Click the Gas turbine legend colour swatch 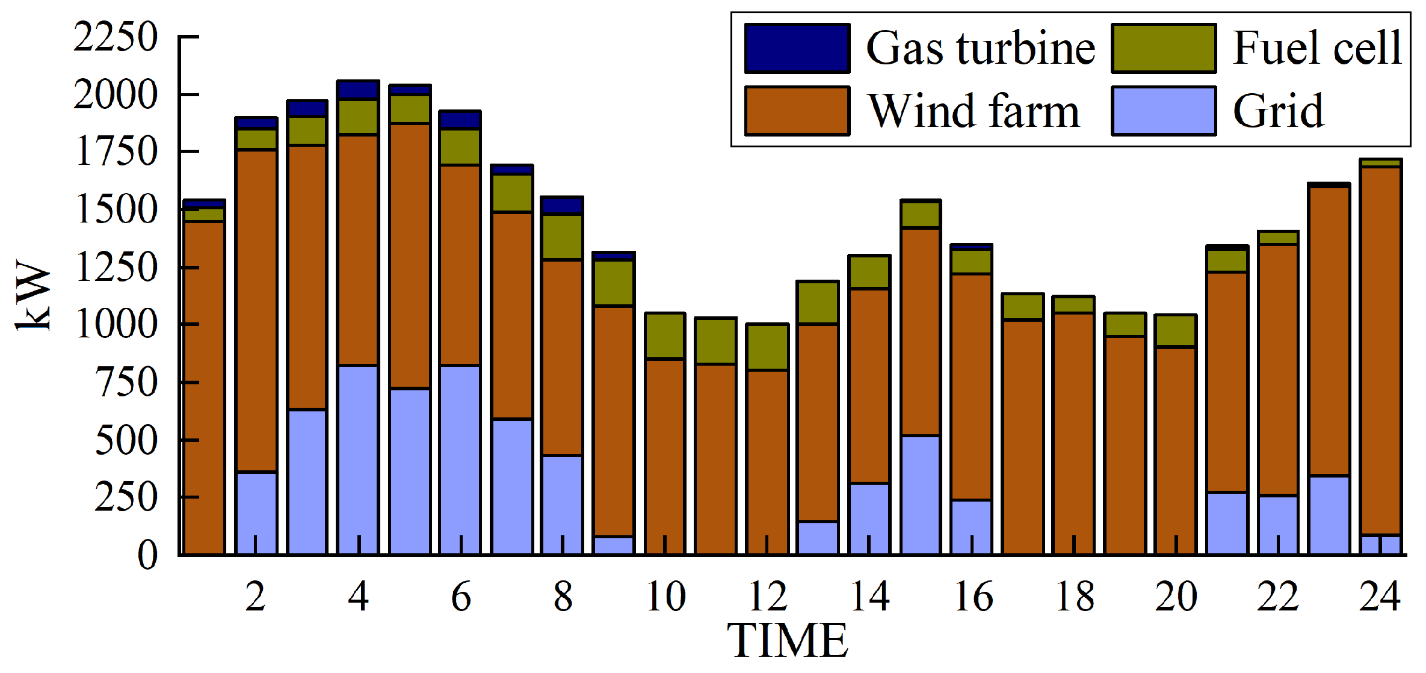(797, 48)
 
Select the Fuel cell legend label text (1316, 48)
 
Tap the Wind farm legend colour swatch (797, 111)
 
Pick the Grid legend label (1278, 111)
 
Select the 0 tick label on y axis (147, 555)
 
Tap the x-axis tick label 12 (767, 597)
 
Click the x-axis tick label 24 (1380, 597)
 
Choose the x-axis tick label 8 (563, 597)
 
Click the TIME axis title (787, 641)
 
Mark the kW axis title (33, 295)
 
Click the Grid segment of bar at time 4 (358, 457)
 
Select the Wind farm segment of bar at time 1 (204, 385)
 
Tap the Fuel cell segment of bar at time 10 (665, 336)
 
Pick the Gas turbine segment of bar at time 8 (563, 206)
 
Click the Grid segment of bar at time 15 (921, 493)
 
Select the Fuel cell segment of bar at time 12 (767, 347)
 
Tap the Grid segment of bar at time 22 (1278, 523)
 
